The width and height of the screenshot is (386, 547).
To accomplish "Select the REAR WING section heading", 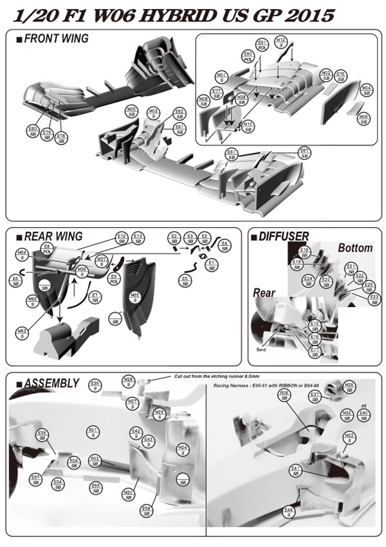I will [x=51, y=236].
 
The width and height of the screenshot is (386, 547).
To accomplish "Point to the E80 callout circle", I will [x=32, y=132].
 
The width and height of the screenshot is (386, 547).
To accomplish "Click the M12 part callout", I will [x=280, y=43].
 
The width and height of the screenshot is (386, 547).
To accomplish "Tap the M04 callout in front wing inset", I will [x=367, y=90].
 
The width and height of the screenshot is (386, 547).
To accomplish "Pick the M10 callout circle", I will [x=248, y=126].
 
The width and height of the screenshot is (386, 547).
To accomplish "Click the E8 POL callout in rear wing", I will [x=46, y=249].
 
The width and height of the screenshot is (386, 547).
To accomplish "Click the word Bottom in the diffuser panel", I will [x=355, y=248].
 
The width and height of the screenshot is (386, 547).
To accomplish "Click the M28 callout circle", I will [x=129, y=382].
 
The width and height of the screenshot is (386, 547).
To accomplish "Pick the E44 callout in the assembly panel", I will [x=289, y=512].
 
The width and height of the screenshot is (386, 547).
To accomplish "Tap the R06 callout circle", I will [x=284, y=395].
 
